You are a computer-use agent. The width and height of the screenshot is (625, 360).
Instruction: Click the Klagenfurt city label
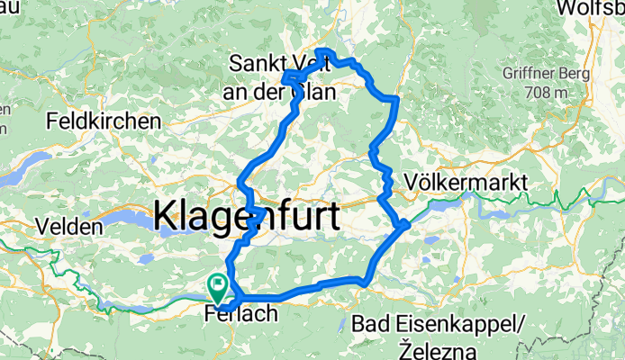tap(247, 217)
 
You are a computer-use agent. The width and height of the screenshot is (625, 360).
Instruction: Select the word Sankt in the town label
tap(257, 65)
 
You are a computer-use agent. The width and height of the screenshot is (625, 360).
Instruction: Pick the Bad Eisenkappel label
tap(446, 324)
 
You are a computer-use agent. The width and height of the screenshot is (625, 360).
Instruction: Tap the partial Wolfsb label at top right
tap(590, 9)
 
